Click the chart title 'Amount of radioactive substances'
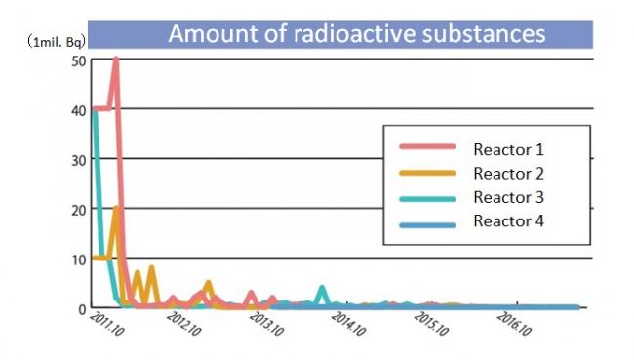click(357, 33)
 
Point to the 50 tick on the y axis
click(78, 60)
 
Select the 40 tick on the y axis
click(78, 109)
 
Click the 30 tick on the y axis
click(78, 159)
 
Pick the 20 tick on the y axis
click(78, 209)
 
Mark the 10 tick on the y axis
click(78, 259)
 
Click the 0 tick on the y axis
click(82, 308)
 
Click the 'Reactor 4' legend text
click(508, 220)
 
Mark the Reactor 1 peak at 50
click(116, 60)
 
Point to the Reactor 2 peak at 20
click(116, 209)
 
